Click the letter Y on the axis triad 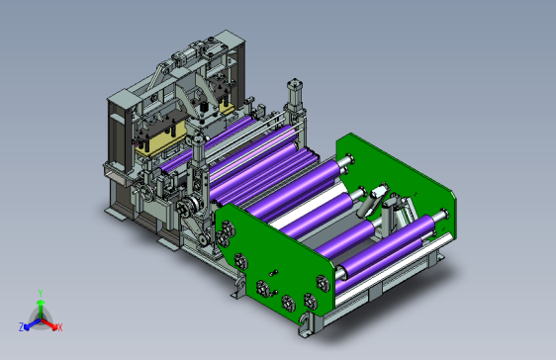coord(41,293)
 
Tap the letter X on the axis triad coord(60,327)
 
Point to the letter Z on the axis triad coord(22,326)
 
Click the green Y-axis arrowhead coord(41,303)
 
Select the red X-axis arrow coord(48,323)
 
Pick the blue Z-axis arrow coord(33,324)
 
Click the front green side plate coord(275,263)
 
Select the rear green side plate coord(396,184)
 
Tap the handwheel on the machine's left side coord(147,193)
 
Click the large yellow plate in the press coord(161,140)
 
